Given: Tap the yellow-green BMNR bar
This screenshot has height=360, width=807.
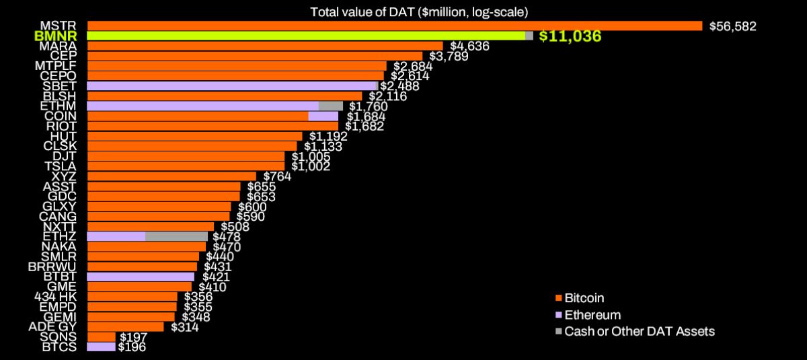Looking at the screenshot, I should coord(306,36).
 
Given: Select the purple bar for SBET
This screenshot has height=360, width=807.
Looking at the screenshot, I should coord(231,86).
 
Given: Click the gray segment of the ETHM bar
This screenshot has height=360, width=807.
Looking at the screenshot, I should coord(331,106).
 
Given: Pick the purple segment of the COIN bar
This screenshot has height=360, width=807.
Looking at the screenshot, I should coord(323,116).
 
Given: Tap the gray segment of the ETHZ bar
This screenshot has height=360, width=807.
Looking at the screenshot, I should coord(176,236).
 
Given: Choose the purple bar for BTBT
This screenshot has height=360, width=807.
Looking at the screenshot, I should coord(141,277).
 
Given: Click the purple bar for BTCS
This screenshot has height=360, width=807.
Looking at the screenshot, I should coord(101,347).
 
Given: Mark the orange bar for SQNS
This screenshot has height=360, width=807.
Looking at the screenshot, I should coord(101,336).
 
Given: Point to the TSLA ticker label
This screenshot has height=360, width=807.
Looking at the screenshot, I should coord(61,166).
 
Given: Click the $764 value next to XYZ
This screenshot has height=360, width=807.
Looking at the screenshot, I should coord(276,176).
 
